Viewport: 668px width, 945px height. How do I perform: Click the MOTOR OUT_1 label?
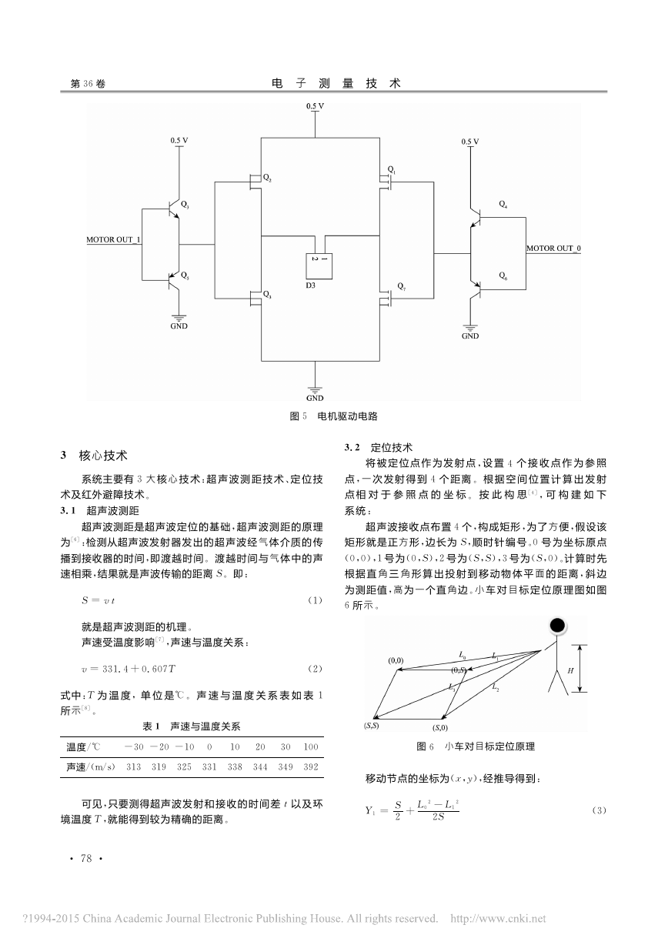pyautogui.click(x=113, y=239)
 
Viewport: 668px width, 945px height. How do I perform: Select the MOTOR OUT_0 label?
pyautogui.click(x=553, y=248)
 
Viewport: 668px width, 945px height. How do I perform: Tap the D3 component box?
pyautogui.click(x=319, y=265)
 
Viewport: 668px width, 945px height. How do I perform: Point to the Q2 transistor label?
pyautogui.click(x=267, y=178)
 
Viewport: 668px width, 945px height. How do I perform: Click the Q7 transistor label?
pyautogui.click(x=401, y=286)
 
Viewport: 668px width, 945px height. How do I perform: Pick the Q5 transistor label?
pyautogui.click(x=185, y=275)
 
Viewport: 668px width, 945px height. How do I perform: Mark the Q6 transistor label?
pyautogui.click(x=503, y=276)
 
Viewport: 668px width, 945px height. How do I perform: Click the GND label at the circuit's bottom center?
pyautogui.click(x=315, y=398)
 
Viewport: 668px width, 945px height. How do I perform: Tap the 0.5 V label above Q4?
pyautogui.click(x=470, y=142)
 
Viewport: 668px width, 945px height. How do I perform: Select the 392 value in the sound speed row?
pyautogui.click(x=311, y=766)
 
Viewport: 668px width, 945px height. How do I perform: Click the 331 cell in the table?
pyautogui.click(x=209, y=766)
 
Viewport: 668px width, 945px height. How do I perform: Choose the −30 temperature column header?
pyautogui.click(x=134, y=746)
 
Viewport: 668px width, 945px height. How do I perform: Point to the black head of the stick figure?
pyautogui.click(x=557, y=626)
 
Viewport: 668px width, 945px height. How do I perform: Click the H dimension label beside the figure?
pyautogui.click(x=570, y=671)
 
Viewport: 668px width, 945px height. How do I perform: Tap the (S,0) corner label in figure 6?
pyautogui.click(x=440, y=727)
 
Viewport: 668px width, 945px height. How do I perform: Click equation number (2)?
pyautogui.click(x=315, y=669)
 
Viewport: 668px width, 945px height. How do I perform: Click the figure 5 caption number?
pyautogui.click(x=305, y=416)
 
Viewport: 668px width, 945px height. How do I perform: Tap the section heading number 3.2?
pyautogui.click(x=352, y=448)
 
